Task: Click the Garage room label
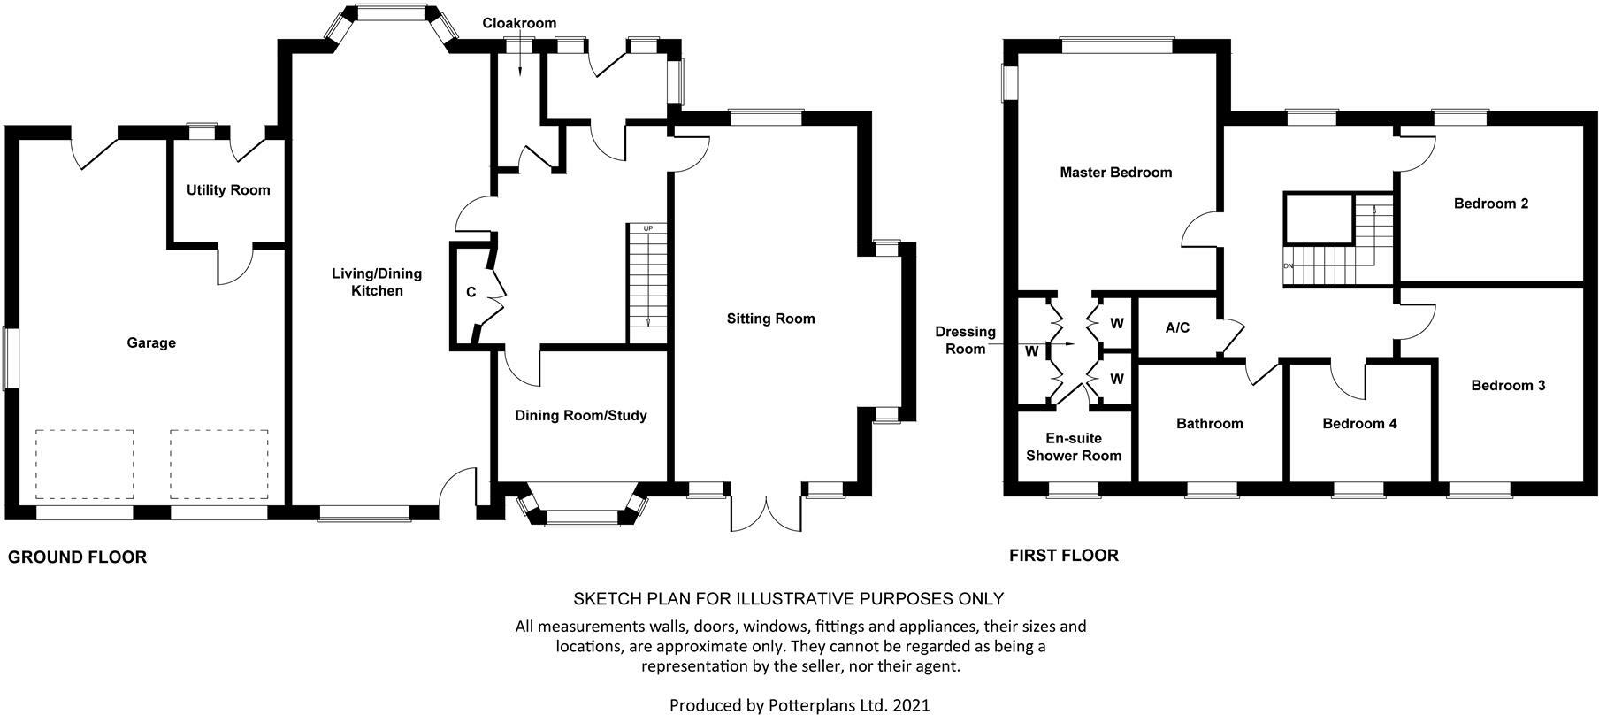point(151,343)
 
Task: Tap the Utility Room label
point(228,190)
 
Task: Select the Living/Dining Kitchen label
point(377,281)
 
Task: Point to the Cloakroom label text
point(519,23)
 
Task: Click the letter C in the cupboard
point(471,293)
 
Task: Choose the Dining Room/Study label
point(581,416)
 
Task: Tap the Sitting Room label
point(771,319)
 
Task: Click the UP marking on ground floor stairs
point(648,229)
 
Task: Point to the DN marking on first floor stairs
point(1289,266)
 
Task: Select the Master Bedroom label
point(1116,173)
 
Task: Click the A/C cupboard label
point(1177,328)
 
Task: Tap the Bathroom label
point(1210,424)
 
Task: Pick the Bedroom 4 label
point(1359,424)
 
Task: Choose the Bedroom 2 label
point(1491,204)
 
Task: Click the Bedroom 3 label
point(1508,386)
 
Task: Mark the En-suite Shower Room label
point(1074,448)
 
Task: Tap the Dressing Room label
point(966,341)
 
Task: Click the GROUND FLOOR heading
point(77,557)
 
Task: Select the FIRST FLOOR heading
point(1064,556)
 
